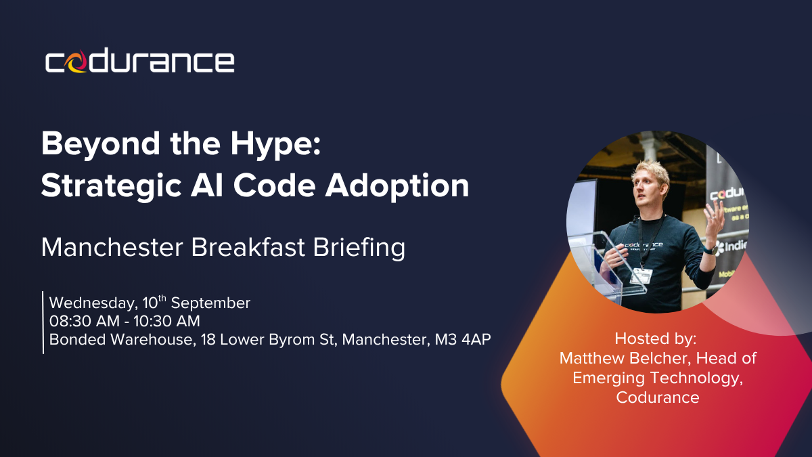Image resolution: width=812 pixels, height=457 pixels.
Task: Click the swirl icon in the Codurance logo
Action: pos(76,62)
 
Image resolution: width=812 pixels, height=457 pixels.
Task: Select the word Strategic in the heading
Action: pos(111,186)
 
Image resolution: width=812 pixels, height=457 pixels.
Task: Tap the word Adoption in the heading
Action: pos(397,186)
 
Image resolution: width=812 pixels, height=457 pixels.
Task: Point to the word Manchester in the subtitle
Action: pos(112,247)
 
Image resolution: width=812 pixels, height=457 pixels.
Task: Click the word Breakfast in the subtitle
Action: pos(248,247)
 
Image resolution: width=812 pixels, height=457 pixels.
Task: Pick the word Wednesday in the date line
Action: pos(93,303)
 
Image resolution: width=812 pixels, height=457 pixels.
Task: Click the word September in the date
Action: pos(210,303)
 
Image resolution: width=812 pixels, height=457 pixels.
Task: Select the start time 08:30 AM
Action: pos(85,321)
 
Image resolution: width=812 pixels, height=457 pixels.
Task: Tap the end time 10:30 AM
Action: pos(166,321)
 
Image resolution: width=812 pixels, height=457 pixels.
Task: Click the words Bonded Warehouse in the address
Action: pos(122,339)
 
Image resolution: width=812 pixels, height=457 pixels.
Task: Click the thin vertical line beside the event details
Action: pos(43,322)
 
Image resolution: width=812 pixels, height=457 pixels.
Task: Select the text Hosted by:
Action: pos(656,339)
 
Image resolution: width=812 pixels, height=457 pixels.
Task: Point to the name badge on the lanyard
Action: pos(641,276)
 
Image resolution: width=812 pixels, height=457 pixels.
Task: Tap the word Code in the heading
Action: pos(275,186)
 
